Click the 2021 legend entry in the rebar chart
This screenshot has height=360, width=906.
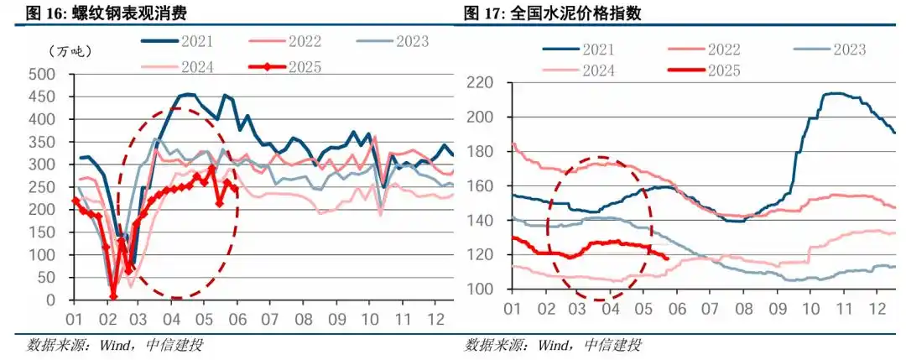pyautogui.click(x=181, y=40)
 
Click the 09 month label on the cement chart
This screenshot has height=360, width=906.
pyautogui.click(x=773, y=308)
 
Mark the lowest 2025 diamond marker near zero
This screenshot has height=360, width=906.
pyautogui.click(x=113, y=295)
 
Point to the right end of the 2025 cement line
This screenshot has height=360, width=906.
pyautogui.click(x=667, y=258)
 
